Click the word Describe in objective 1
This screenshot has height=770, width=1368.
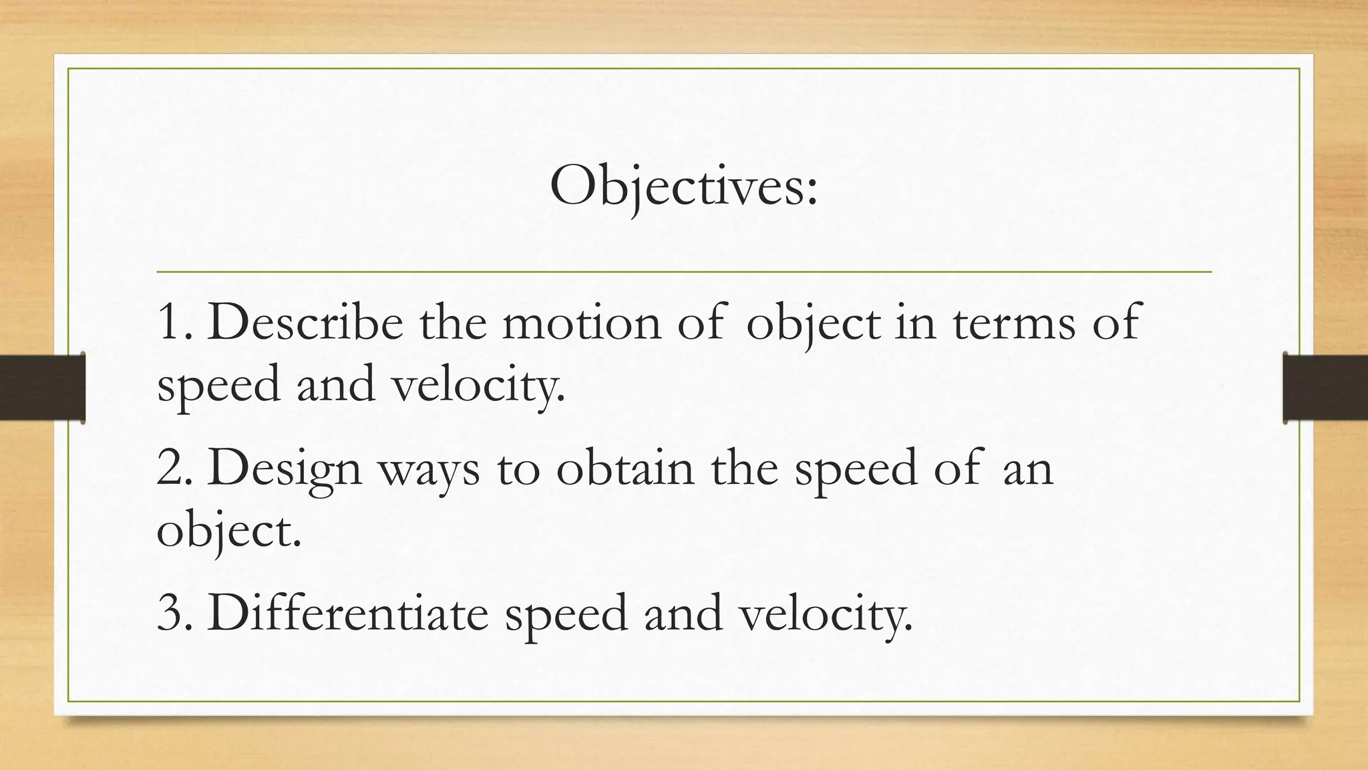(305, 323)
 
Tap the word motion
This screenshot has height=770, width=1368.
(581, 323)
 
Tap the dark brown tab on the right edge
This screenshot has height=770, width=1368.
(1325, 388)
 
